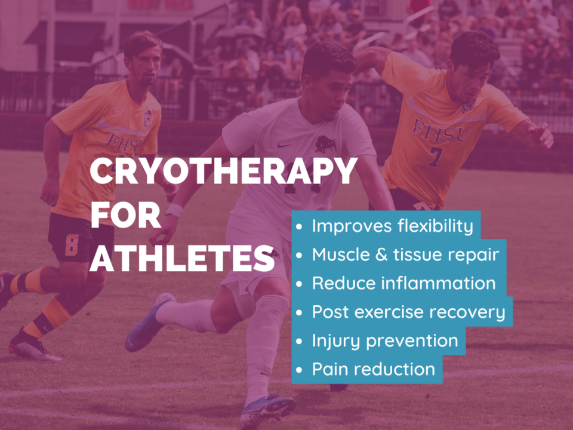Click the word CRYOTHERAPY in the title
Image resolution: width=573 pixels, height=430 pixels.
coord(223,171)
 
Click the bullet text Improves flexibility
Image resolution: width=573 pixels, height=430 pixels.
coord(392,226)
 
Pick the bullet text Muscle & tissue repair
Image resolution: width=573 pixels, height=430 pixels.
coord(405,254)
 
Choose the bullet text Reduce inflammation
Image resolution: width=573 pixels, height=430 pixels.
coord(403,283)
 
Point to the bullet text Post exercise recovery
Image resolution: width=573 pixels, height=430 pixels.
coord(408,312)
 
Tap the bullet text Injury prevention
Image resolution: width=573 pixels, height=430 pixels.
coord(385,341)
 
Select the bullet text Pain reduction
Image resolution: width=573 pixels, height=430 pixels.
coord(373,369)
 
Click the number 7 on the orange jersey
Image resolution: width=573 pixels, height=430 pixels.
coord(436,157)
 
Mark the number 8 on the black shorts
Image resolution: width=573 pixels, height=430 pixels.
coord(72,245)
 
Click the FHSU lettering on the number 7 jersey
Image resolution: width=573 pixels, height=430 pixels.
coord(442,131)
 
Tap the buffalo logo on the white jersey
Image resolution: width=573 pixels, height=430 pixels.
coord(326,145)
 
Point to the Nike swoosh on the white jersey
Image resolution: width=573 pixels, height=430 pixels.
coord(284,145)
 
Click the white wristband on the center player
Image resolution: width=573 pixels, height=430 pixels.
coord(174,210)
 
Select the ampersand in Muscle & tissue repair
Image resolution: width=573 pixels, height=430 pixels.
coord(381,254)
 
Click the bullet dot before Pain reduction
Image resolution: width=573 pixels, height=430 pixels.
coord(299,370)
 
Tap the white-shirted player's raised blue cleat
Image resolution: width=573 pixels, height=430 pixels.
coord(149,322)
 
